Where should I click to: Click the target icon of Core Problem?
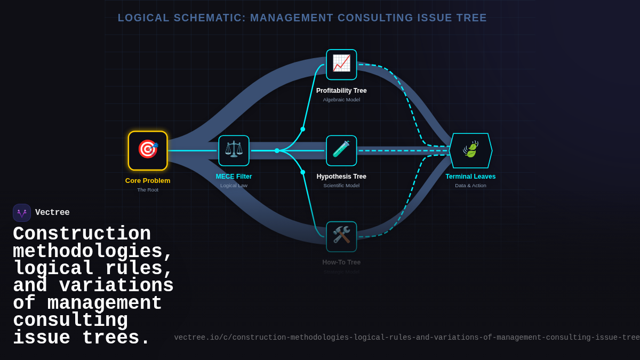click(x=148, y=150)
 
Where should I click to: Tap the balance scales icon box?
click(x=234, y=150)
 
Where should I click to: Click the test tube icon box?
click(x=341, y=150)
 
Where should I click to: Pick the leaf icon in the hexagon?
click(x=470, y=150)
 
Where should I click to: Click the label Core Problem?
click(x=148, y=180)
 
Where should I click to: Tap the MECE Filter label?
click(x=234, y=177)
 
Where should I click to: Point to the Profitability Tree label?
click(x=341, y=91)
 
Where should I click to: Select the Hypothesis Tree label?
click(x=341, y=177)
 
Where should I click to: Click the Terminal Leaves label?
click(x=470, y=177)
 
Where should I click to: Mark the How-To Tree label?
click(x=341, y=262)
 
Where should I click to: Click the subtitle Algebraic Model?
click(x=341, y=100)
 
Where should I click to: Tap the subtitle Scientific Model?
click(x=341, y=186)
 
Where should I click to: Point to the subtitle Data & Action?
click(x=470, y=186)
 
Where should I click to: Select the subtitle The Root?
click(x=148, y=190)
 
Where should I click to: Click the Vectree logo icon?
click(x=22, y=213)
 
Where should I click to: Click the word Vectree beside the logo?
click(x=52, y=213)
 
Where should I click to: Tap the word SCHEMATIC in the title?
click(x=210, y=18)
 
